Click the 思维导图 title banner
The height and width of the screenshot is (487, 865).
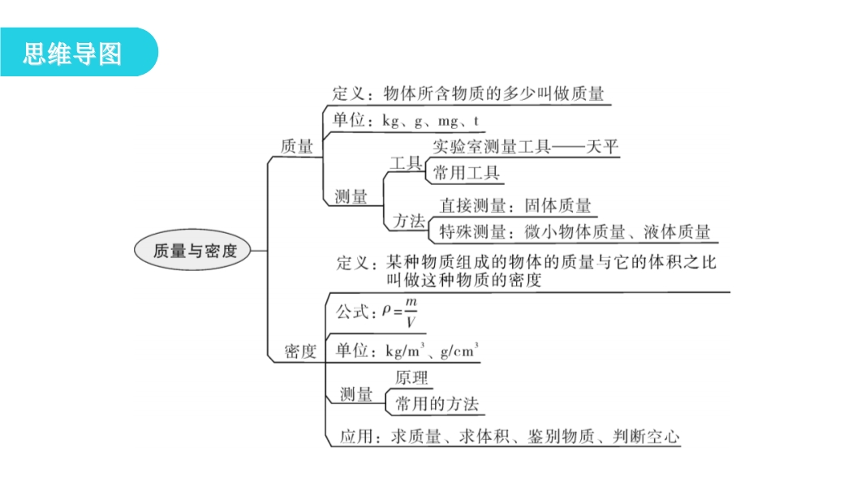click(x=79, y=53)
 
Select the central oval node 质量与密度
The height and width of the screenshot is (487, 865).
click(x=192, y=250)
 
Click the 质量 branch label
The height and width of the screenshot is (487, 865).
click(x=297, y=146)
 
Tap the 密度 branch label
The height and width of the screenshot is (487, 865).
click(x=301, y=351)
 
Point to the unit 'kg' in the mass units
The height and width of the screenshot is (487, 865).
click(x=390, y=121)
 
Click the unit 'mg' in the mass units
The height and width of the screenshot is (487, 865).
click(x=448, y=122)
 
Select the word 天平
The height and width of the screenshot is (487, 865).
click(x=602, y=146)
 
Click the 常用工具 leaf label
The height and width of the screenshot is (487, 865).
click(x=466, y=173)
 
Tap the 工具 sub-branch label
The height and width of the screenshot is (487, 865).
click(x=406, y=163)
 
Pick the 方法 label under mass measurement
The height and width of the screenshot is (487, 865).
click(x=409, y=221)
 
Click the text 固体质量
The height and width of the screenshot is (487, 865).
click(x=557, y=205)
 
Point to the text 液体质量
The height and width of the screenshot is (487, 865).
click(x=677, y=231)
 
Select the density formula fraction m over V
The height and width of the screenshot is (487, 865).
click(x=411, y=312)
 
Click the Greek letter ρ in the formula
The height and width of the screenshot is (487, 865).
click(x=386, y=311)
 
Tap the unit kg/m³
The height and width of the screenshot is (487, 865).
click(x=405, y=351)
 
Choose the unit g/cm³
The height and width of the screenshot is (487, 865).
click(x=459, y=351)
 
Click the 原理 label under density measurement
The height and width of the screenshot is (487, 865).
click(x=411, y=377)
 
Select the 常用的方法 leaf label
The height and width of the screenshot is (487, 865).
click(x=437, y=403)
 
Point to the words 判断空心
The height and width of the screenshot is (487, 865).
click(x=646, y=437)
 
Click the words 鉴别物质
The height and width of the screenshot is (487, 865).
click(x=561, y=437)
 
